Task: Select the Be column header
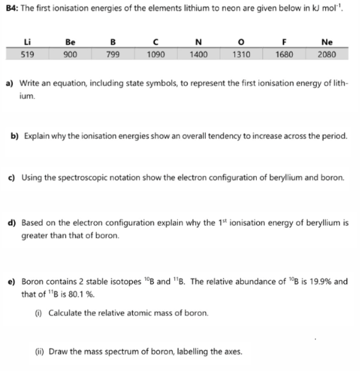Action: pyautogui.click(x=71, y=42)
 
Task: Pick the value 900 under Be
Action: pyautogui.click(x=71, y=53)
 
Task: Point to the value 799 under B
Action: pyautogui.click(x=112, y=53)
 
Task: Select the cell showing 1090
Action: pyautogui.click(x=155, y=53)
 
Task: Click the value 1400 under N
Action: pyautogui.click(x=198, y=53)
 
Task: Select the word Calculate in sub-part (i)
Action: pyautogui.click(x=55, y=313)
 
